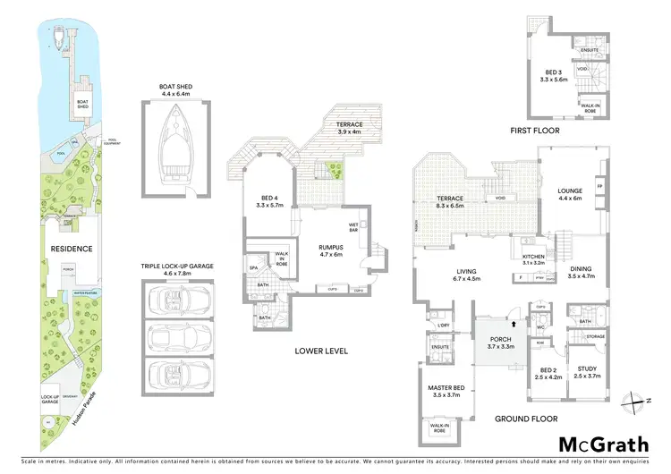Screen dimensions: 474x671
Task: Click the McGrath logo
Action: (604, 444)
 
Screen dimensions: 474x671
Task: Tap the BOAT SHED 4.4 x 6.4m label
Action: (178, 90)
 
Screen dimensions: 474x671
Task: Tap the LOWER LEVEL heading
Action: (321, 351)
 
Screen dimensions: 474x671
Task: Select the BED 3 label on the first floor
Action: (556, 76)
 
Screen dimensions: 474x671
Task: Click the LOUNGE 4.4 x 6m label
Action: (570, 194)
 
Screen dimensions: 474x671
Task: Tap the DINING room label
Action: (582, 273)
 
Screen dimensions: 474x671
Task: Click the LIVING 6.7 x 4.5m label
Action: (467, 275)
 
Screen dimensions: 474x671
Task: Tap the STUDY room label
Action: (587, 372)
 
